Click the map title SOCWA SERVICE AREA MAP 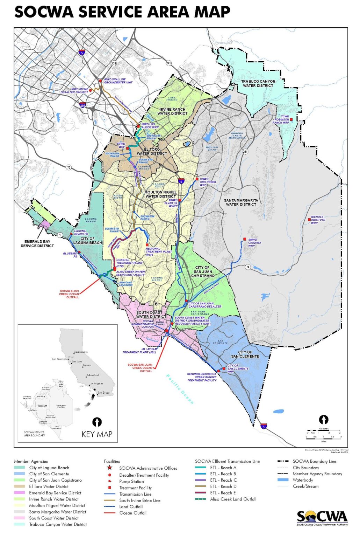point(122,12)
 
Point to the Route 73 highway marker point(69,167)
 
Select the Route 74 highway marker point(247,267)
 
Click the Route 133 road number point(114,63)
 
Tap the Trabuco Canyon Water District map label point(258,83)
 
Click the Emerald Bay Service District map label point(37,243)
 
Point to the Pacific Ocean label point(180,389)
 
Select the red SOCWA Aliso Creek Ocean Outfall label point(69,294)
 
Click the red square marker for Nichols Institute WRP point(309,220)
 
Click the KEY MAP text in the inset point(97,434)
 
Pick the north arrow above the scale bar point(324,419)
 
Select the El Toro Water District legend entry point(49,486)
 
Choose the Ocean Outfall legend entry point(133,513)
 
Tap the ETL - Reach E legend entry point(223,492)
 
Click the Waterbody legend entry point(303,480)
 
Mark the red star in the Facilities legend point(110,468)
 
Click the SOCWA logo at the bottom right point(322,518)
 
